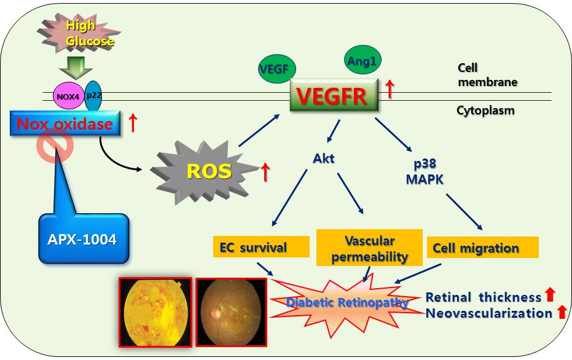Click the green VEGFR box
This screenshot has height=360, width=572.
click(x=334, y=95)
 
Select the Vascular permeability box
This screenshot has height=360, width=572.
click(x=369, y=248)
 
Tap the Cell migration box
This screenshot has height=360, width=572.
click(x=482, y=248)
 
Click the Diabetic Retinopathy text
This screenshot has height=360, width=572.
click(x=348, y=302)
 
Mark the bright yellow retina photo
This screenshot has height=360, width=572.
click(x=155, y=311)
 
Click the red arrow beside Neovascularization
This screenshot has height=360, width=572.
click(x=560, y=312)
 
